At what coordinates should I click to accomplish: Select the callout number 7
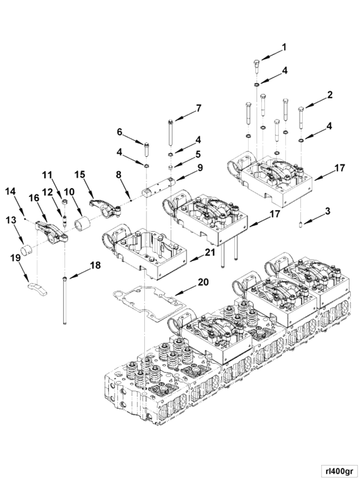(198, 108)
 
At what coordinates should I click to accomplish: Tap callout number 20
(203, 282)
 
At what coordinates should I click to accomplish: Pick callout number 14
(11, 191)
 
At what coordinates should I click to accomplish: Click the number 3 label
(327, 211)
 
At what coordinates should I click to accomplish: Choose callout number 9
(200, 167)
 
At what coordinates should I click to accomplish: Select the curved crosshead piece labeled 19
(36, 287)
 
